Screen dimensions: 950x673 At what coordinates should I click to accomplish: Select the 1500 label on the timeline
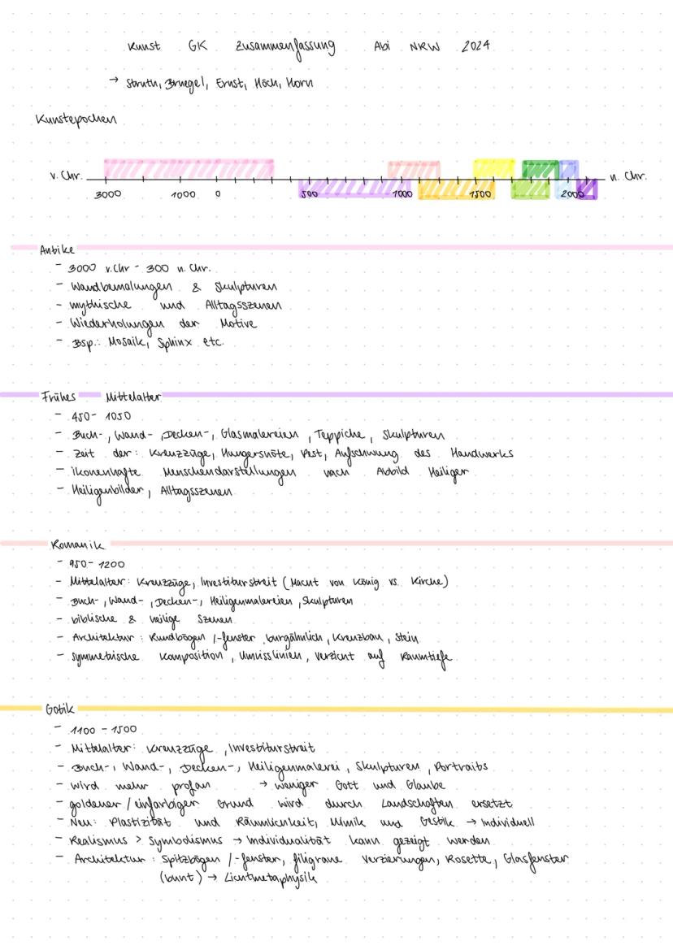point(480,195)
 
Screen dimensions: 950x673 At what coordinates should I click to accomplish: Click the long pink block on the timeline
point(189,168)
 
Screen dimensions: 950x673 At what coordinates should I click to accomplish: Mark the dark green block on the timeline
point(539,169)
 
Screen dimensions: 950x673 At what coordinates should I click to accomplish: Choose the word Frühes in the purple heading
point(59,398)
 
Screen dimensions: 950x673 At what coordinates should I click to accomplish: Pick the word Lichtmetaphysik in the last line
point(264,878)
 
